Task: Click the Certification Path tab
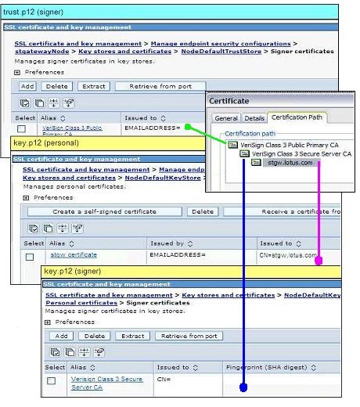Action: [x=298, y=117]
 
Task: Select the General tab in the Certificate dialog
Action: [x=226, y=118]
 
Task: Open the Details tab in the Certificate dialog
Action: [x=254, y=118]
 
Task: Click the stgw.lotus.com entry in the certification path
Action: [x=290, y=163]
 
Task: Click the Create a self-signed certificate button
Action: [x=104, y=211]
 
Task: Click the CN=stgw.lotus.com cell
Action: [x=287, y=255]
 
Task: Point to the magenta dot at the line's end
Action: [x=319, y=261]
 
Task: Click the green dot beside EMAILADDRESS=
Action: [x=188, y=126]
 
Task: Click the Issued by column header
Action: [x=169, y=243]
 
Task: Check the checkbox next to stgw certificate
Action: [x=30, y=256]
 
